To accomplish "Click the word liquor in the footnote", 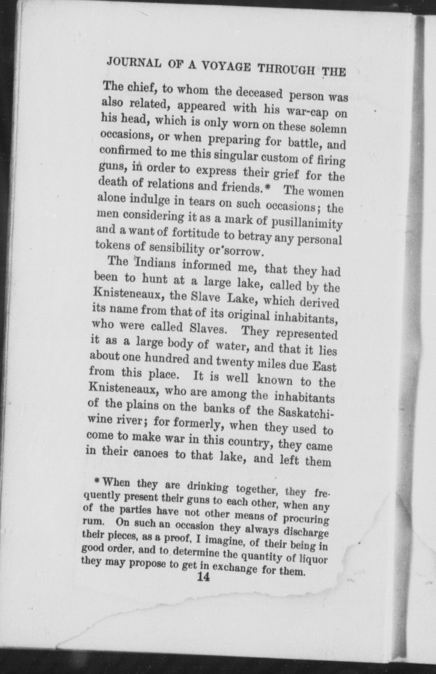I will (311, 558).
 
